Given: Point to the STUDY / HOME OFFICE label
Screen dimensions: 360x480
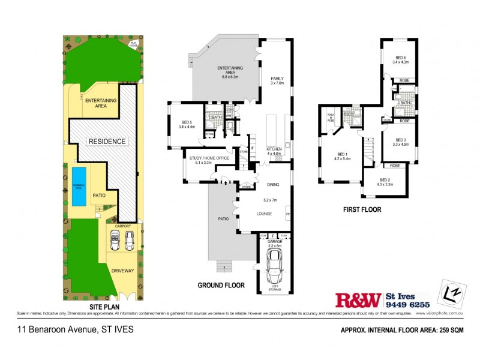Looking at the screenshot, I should pos(205,159).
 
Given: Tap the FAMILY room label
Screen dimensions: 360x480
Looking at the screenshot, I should pos(277,79).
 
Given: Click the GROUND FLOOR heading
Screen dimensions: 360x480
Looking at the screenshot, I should pos(221,286).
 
